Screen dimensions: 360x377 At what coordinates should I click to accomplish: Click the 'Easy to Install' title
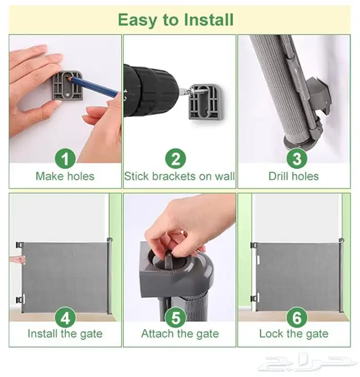(x=176, y=20)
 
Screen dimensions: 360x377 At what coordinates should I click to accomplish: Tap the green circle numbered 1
(x=65, y=159)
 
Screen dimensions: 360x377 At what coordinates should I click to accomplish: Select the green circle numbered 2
(x=175, y=159)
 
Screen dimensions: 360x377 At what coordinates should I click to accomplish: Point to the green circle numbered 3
(x=297, y=159)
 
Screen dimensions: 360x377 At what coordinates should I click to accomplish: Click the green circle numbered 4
(x=65, y=317)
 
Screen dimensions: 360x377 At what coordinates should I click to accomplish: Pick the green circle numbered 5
(x=175, y=317)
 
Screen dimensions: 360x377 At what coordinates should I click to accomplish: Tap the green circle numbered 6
(x=297, y=317)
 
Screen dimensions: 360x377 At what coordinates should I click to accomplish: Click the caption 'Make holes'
(x=65, y=176)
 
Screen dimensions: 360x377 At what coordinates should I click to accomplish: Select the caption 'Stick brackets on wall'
(x=179, y=176)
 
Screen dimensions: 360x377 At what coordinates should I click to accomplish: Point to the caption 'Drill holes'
(x=294, y=176)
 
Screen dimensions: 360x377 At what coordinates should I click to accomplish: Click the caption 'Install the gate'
(x=65, y=334)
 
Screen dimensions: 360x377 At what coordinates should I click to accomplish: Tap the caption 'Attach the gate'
(x=180, y=334)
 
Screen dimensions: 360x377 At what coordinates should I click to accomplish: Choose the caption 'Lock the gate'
(x=294, y=334)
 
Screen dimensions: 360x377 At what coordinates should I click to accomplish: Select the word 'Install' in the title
(x=208, y=19)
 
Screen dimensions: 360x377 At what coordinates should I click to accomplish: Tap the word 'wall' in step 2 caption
(x=225, y=176)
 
